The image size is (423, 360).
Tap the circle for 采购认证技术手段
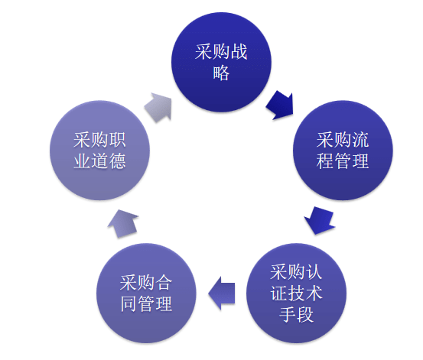[296, 293]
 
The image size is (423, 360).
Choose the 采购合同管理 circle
[146, 293]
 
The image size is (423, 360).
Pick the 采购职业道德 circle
[99, 150]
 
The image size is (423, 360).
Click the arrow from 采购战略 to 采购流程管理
[279, 104]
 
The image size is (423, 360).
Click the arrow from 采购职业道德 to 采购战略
[158, 105]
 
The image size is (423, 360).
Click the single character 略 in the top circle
[221, 74]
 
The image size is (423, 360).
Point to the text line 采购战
[221, 53]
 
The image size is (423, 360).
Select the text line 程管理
[343, 161]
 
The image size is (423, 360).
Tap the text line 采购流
[343, 140]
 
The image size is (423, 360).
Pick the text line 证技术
[296, 293]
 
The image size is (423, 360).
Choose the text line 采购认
[296, 272]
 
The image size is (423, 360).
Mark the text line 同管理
[146, 303]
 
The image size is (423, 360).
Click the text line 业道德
[99, 161]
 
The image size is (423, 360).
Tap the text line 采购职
[99, 140]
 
